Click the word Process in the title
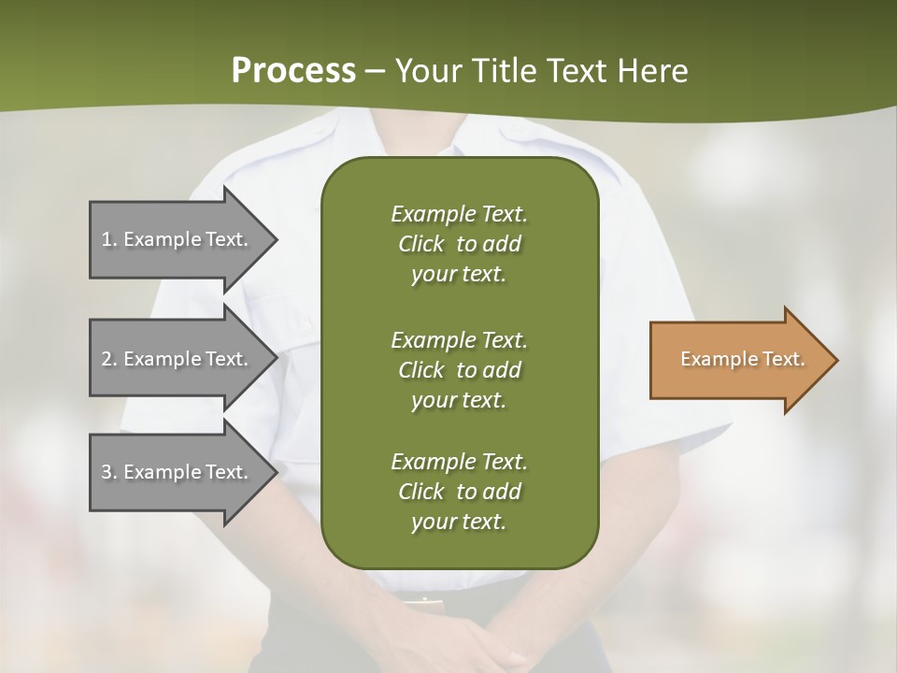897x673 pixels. click(293, 71)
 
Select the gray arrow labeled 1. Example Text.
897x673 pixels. click(178, 239)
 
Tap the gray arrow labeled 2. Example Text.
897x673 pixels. click(178, 359)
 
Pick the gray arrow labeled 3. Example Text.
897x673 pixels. click(178, 472)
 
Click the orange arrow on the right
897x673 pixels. click(738, 360)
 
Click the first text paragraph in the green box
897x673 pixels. click(459, 244)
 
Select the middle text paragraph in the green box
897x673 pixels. click(459, 369)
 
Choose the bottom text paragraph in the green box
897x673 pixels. click(459, 491)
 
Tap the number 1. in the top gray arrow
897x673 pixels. click(109, 239)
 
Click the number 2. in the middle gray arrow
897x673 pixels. click(109, 359)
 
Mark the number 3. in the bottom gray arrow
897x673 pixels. click(109, 472)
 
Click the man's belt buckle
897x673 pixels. click(425, 599)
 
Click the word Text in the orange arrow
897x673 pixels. click(784, 359)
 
